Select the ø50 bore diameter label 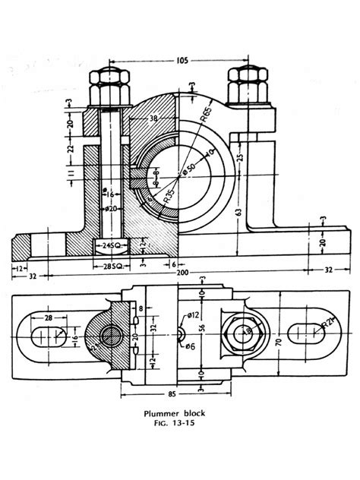(x=191, y=166)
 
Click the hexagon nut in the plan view (x=244, y=332)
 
